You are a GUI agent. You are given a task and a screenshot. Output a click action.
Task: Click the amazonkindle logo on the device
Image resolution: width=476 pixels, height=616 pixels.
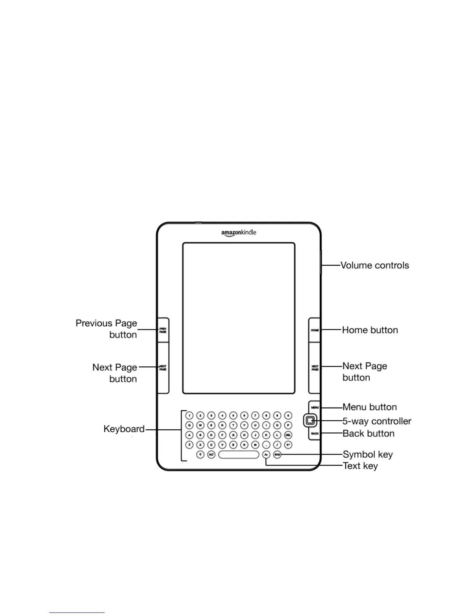tap(239, 233)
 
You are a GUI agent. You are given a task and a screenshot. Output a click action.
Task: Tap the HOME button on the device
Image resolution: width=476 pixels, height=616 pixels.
tap(315, 330)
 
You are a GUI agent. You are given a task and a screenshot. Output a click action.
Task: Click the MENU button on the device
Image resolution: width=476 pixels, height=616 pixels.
tap(315, 407)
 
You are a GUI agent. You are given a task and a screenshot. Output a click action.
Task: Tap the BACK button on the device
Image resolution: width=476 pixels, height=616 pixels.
tap(315, 433)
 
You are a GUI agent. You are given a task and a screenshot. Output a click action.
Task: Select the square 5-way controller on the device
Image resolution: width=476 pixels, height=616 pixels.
tap(310, 420)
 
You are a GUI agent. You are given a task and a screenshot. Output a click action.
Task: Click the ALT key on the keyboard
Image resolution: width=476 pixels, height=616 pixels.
tap(211, 454)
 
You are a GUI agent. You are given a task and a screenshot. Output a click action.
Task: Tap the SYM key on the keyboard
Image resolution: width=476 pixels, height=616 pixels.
tap(277, 454)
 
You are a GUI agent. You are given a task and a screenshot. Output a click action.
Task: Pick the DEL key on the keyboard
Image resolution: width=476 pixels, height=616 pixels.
tap(288, 435)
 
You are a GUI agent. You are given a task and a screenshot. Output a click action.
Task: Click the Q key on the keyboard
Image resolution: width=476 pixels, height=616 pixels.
tap(189, 425)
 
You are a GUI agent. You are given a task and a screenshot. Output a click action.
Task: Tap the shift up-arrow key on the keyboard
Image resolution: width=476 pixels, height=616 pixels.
tap(200, 454)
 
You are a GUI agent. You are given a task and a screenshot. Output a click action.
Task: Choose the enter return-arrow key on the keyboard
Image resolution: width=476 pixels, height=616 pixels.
tap(288, 444)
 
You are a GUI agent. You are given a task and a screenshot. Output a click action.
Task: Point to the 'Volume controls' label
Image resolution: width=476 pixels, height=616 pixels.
tap(375, 265)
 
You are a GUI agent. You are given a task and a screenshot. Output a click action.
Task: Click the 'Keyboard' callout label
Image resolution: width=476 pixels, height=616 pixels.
tap(124, 429)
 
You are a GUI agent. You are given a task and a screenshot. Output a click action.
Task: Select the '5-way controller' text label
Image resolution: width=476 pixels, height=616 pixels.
tap(377, 421)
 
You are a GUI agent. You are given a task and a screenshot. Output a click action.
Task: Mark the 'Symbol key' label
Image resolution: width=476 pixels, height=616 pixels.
tap(367, 454)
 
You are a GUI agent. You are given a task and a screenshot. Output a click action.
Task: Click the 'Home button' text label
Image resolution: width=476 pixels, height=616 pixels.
tap(370, 330)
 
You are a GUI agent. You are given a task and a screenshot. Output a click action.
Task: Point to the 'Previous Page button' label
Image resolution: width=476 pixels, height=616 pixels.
tap(107, 329)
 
